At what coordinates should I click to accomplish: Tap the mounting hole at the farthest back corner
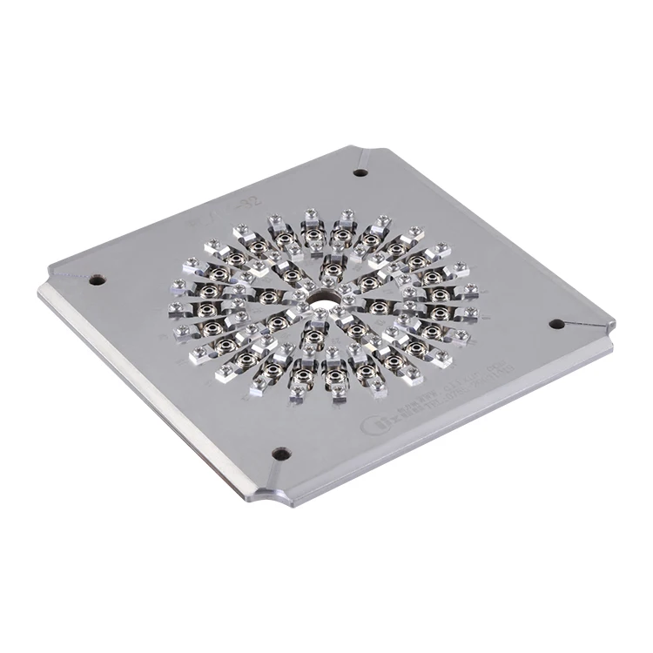click(360, 172)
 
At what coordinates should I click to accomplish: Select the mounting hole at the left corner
click(96, 280)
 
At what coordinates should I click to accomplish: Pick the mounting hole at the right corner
click(556, 324)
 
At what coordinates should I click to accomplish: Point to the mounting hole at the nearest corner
click(280, 454)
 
